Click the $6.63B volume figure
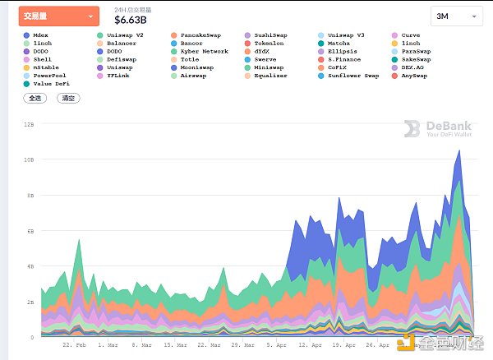tap(132, 20)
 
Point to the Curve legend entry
tap(410, 35)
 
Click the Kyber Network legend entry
tap(204, 51)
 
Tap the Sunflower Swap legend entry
tap(353, 75)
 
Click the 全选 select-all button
tap(35, 98)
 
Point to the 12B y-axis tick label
tap(29, 124)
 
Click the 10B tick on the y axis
tap(29, 159)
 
